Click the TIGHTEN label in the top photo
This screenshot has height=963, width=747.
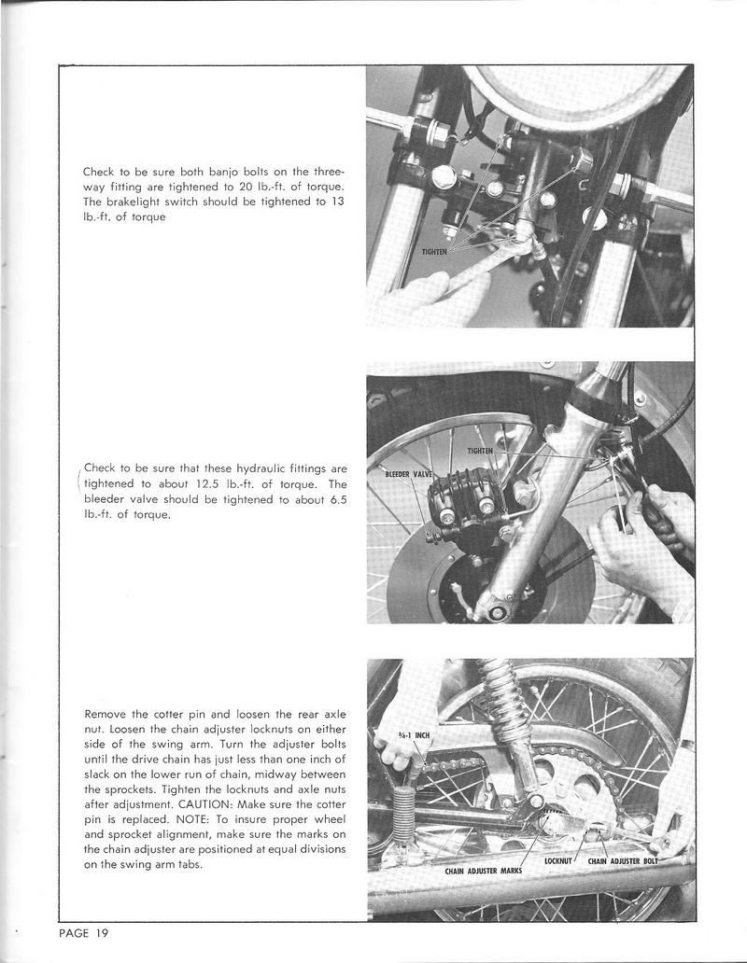coord(435,252)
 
